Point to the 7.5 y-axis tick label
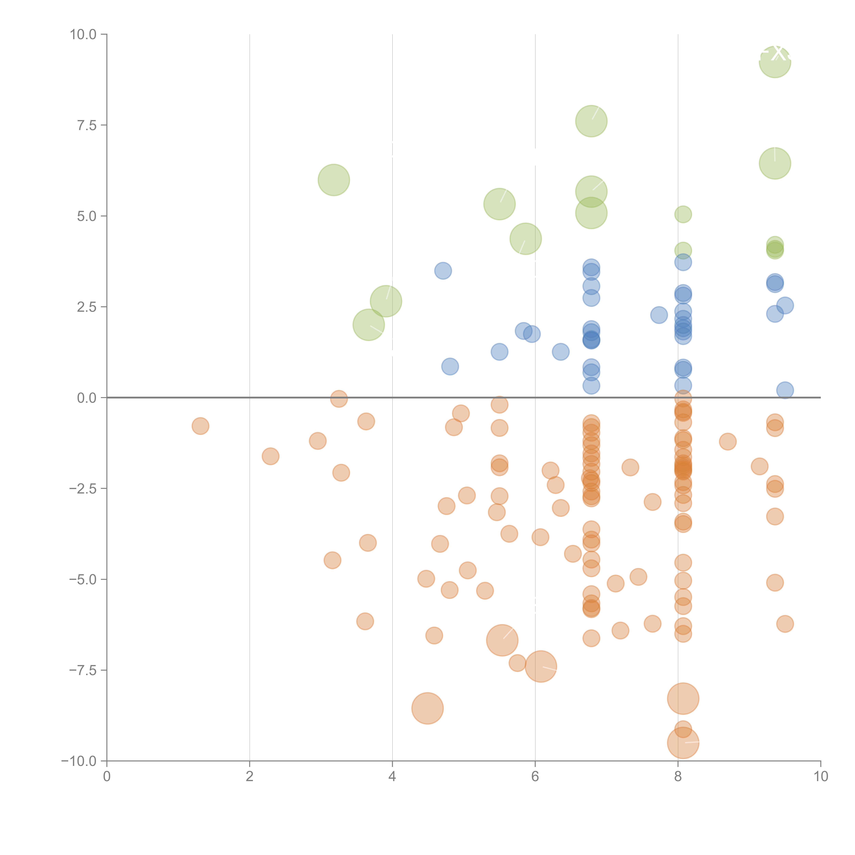pos(87,125)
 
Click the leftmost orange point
pos(200,426)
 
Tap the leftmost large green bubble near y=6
pos(334,180)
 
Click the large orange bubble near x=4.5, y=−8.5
pos(427,708)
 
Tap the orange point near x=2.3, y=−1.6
pos(270,456)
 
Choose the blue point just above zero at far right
pos(785,390)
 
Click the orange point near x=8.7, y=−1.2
pos(728,441)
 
